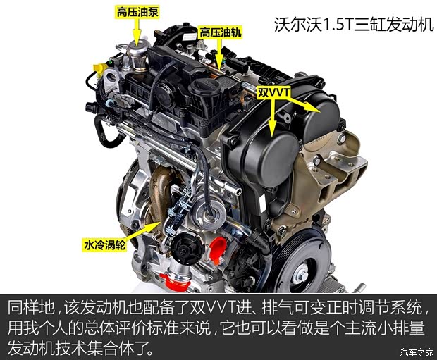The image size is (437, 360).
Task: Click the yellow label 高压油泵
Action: (137, 12)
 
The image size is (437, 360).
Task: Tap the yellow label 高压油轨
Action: (220, 33)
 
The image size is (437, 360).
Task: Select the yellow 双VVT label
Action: (273, 92)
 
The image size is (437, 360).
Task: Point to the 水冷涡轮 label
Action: (104, 245)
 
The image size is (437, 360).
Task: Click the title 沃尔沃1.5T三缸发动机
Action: (354, 25)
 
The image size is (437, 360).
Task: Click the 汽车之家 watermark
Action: (417, 352)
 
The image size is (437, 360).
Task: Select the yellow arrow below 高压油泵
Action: (137, 31)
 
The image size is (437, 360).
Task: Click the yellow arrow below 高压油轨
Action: (220, 54)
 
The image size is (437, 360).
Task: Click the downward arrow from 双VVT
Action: (272, 118)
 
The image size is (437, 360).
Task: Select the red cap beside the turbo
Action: (218, 250)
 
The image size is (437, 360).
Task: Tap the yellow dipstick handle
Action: (100, 68)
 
